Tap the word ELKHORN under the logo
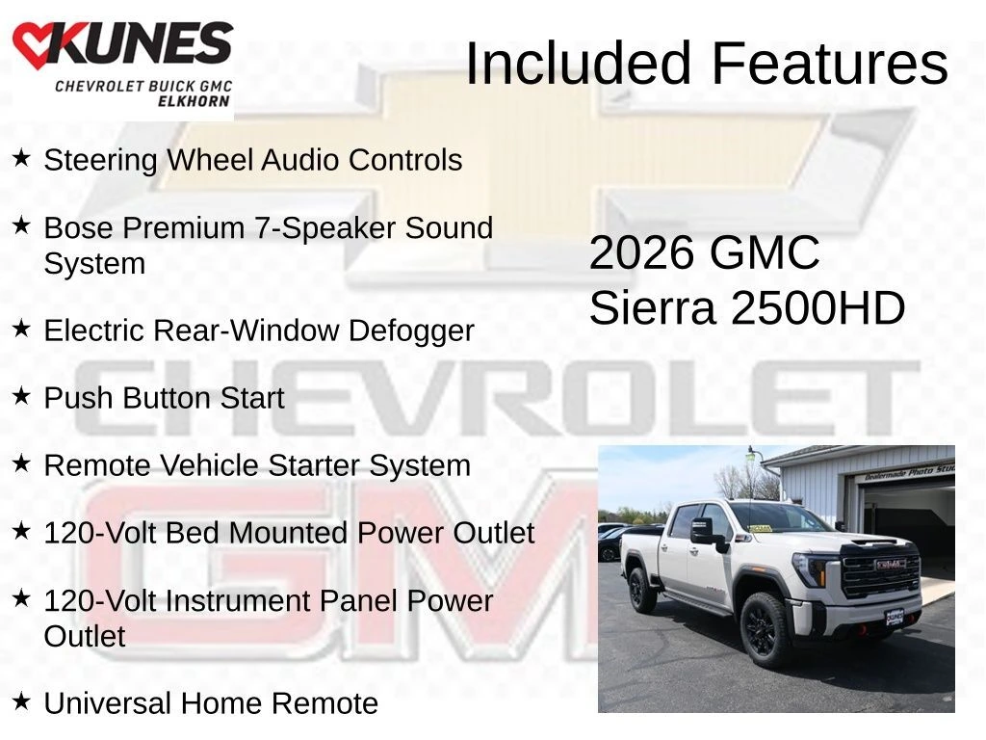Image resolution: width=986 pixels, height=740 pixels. tap(193, 100)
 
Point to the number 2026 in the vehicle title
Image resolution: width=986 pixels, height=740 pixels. tap(641, 253)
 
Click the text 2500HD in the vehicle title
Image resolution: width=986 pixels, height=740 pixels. tap(818, 308)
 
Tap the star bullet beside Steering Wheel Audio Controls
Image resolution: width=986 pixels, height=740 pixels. tap(21, 157)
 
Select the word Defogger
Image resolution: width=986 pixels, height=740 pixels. tap(411, 331)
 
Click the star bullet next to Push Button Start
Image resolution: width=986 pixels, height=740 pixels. tap(21, 396)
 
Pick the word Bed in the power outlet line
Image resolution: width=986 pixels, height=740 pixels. tap(192, 533)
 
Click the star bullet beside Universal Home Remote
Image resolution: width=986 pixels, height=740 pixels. tap(21, 700)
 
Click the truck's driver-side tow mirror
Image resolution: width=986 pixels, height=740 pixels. tap(704, 531)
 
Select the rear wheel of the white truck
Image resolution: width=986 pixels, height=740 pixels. tap(641, 591)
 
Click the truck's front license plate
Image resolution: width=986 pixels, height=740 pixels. tap(895, 618)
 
